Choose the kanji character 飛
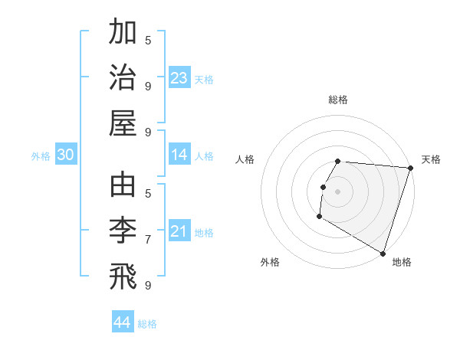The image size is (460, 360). click(x=123, y=277)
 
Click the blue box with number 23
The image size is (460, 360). click(x=179, y=78)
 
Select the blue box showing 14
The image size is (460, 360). click(x=179, y=155)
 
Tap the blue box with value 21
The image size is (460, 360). click(x=179, y=232)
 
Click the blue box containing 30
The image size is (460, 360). click(x=66, y=155)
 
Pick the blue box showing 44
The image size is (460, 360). click(x=123, y=322)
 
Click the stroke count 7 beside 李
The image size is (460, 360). click(x=148, y=239)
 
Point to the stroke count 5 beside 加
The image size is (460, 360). click(x=148, y=39)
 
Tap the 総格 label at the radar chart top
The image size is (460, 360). click(x=338, y=100)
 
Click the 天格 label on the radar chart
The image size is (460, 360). click(x=431, y=159)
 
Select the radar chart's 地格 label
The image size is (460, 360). click(x=402, y=262)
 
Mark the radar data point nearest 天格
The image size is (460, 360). click(x=410, y=168)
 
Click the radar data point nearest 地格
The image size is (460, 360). click(x=383, y=253)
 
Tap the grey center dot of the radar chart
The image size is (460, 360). click(x=338, y=191)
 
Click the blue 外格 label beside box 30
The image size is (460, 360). click(x=41, y=156)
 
